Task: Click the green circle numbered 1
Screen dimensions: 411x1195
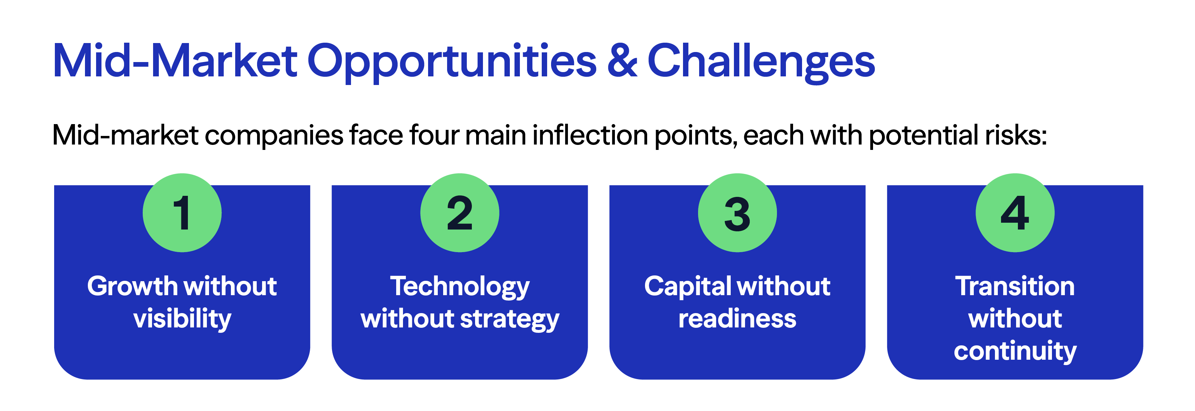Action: point(182,213)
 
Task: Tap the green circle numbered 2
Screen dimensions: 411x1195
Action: point(459,213)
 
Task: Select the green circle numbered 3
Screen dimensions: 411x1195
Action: point(737,213)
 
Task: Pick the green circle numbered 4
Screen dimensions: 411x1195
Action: point(1015,213)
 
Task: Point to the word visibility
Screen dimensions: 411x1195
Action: point(182,319)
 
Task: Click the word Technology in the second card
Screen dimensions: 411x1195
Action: point(459,286)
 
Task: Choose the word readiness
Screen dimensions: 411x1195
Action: point(737,319)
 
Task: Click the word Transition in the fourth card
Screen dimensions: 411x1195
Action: point(1015,286)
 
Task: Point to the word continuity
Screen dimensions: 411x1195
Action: point(1015,351)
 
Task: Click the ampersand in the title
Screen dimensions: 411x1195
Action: point(622,61)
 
